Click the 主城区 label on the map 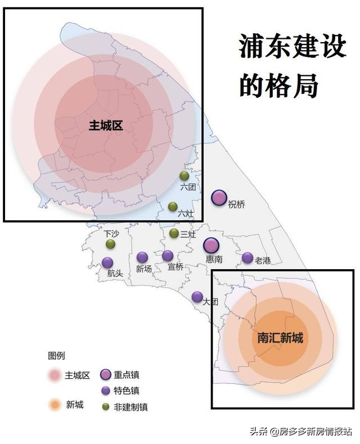106,125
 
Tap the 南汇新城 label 280,338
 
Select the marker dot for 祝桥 219,197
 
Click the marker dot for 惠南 211,245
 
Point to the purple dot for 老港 247,257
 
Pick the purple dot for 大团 197,296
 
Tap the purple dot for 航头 107,262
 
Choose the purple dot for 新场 142,257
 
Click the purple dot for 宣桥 168,256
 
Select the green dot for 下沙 111,244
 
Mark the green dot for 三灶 174,233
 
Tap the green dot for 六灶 173,206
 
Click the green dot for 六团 184,176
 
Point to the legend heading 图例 56,355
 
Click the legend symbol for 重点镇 105,375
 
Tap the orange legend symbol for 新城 55,404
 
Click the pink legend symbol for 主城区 55,375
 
